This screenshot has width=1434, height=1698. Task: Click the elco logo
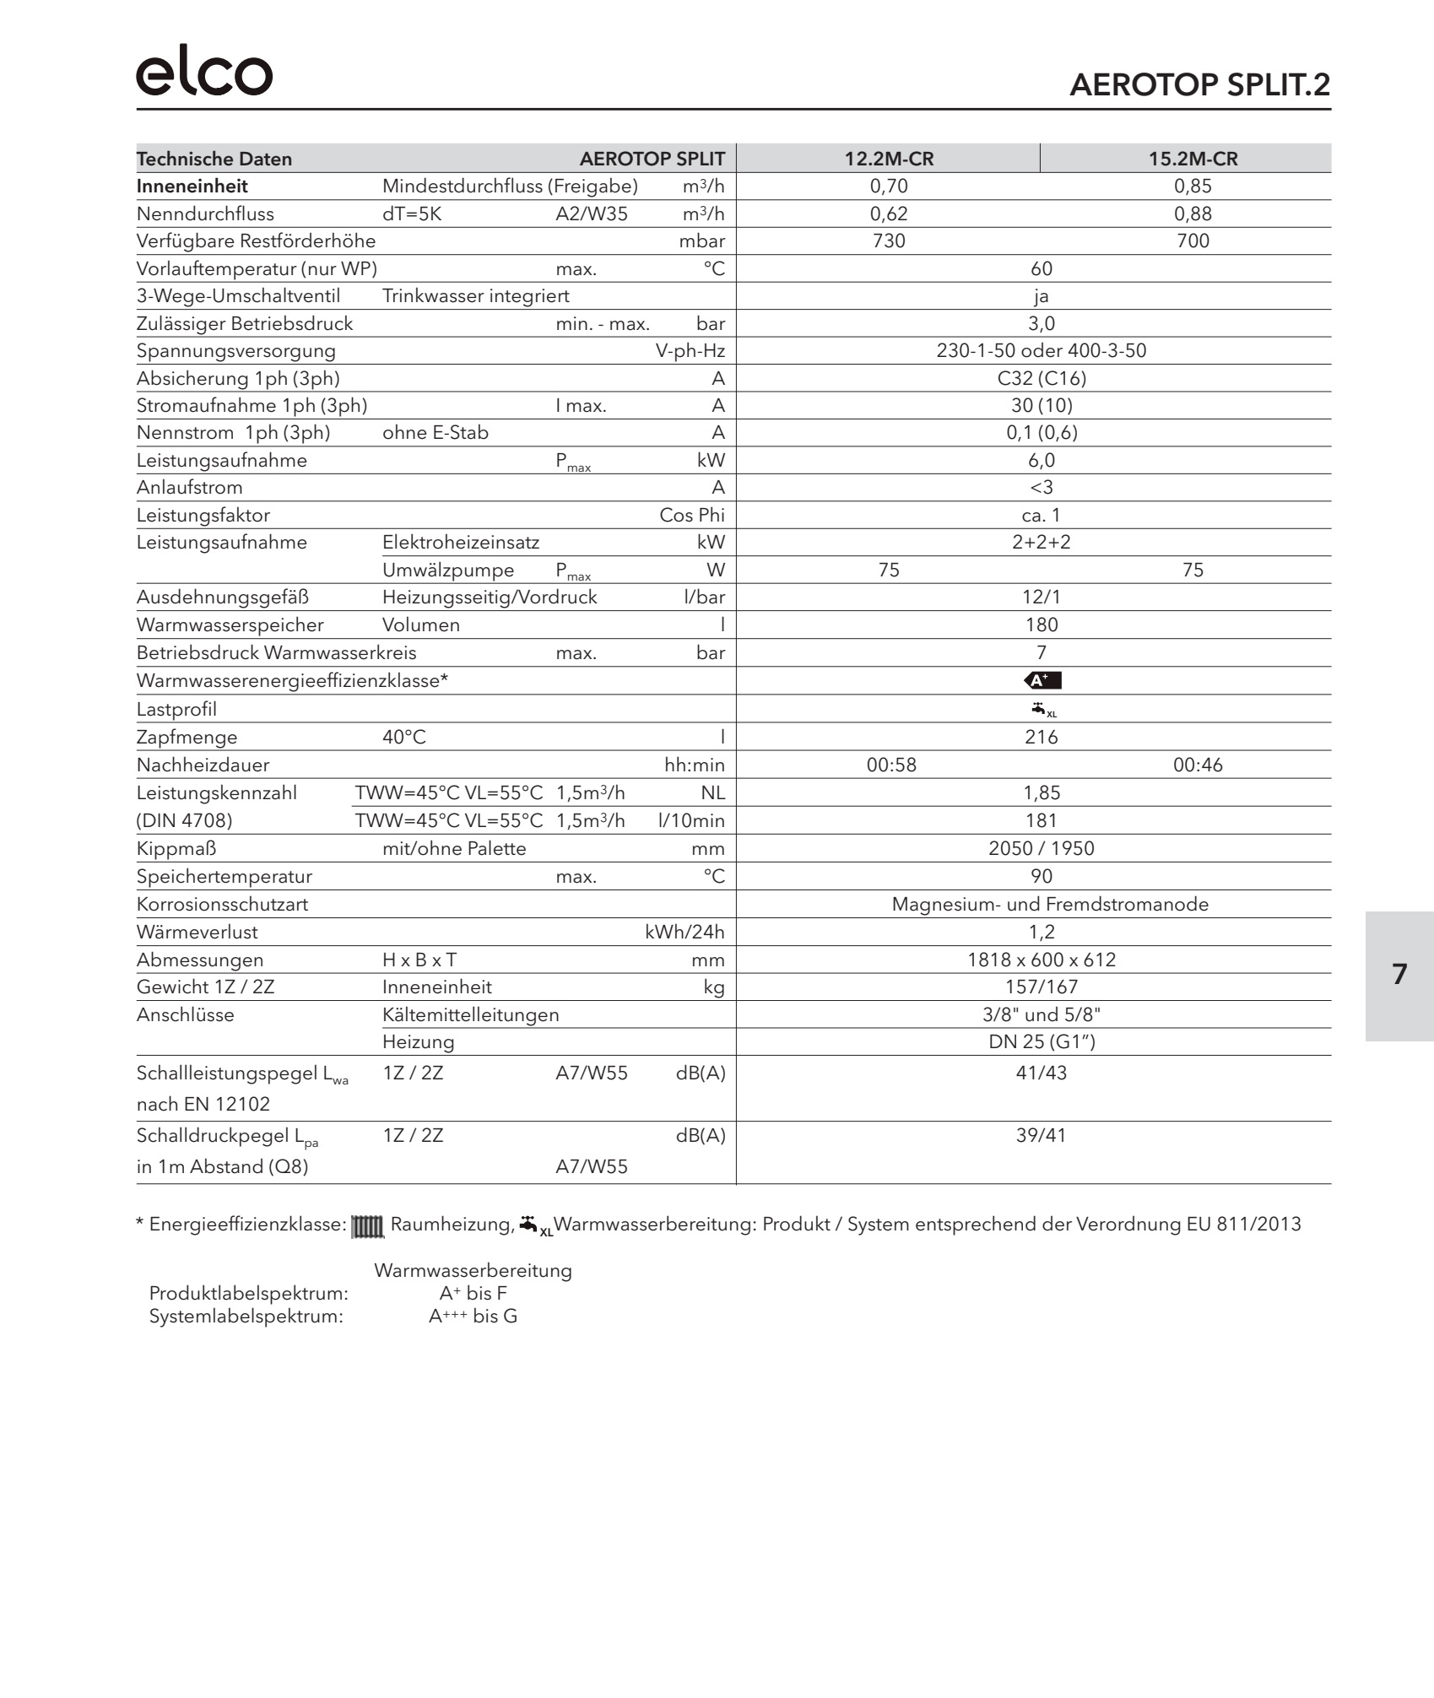pyautogui.click(x=204, y=73)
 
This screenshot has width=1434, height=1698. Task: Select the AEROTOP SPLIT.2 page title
pyautogui.click(x=1199, y=85)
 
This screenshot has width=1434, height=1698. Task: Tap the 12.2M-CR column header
pyautogui.click(x=889, y=159)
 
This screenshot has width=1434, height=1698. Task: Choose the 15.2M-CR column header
pyautogui.click(x=1193, y=159)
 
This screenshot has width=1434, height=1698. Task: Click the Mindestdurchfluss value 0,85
pyautogui.click(x=1193, y=187)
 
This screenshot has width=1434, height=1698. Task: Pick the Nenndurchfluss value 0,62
pyautogui.click(x=889, y=214)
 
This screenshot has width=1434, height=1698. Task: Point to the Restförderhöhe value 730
pyautogui.click(x=889, y=241)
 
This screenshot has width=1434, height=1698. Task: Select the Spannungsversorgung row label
pyautogui.click(x=236, y=351)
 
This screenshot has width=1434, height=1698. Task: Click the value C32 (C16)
pyautogui.click(x=1042, y=378)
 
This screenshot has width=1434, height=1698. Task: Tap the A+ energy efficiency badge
pyautogui.click(x=1042, y=680)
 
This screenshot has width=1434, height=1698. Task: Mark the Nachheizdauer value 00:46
pyautogui.click(x=1197, y=765)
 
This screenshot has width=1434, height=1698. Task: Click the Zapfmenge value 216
pyautogui.click(x=1042, y=738)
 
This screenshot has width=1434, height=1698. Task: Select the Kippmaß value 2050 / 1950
pyautogui.click(x=1042, y=849)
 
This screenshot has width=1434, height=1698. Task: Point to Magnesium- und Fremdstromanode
pyautogui.click(x=1050, y=905)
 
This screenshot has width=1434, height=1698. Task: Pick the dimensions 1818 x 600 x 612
pyautogui.click(x=1042, y=960)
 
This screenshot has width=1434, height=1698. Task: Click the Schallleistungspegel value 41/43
pyautogui.click(x=1042, y=1073)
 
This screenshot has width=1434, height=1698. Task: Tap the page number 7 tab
pyautogui.click(x=1399, y=975)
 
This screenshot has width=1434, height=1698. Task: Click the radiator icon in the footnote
pyautogui.click(x=367, y=1226)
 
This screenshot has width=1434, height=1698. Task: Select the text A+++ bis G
pyautogui.click(x=473, y=1317)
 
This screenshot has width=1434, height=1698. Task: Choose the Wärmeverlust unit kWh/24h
pyautogui.click(x=685, y=933)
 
